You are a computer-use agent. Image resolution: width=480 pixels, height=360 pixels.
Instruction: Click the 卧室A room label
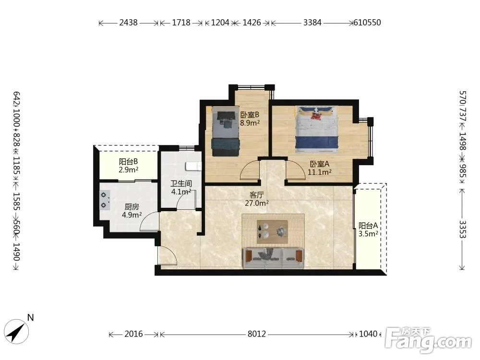click(320, 164)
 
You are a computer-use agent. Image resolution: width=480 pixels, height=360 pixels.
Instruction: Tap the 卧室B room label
click(250, 115)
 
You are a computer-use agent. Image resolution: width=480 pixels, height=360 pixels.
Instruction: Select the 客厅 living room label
click(256, 195)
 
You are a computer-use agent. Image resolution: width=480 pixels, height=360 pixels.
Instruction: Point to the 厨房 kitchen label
click(132, 207)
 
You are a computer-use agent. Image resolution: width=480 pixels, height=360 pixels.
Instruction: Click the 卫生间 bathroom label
click(181, 184)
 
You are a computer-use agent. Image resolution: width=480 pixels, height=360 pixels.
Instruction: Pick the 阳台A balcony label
click(368, 226)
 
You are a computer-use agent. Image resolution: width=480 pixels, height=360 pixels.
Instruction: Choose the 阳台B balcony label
click(128, 161)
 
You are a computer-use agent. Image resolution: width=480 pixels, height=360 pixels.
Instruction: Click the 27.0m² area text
click(257, 203)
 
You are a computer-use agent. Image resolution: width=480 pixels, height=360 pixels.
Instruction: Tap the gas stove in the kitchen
click(105, 200)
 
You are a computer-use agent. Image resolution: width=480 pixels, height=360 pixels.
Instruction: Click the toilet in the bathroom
click(193, 166)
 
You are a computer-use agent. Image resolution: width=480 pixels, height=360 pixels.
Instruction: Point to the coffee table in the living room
click(272, 231)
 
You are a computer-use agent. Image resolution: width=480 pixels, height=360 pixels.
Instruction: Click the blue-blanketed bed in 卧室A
click(317, 130)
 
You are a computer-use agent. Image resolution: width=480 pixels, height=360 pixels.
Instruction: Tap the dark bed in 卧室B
click(225, 132)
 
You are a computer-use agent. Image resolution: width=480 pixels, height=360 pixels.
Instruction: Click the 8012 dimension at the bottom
click(256, 334)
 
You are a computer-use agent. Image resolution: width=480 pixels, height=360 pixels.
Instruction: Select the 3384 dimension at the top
click(312, 23)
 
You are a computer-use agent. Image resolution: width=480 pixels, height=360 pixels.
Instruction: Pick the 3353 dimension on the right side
click(462, 229)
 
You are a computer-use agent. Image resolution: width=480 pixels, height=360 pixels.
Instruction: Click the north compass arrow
click(16, 332)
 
